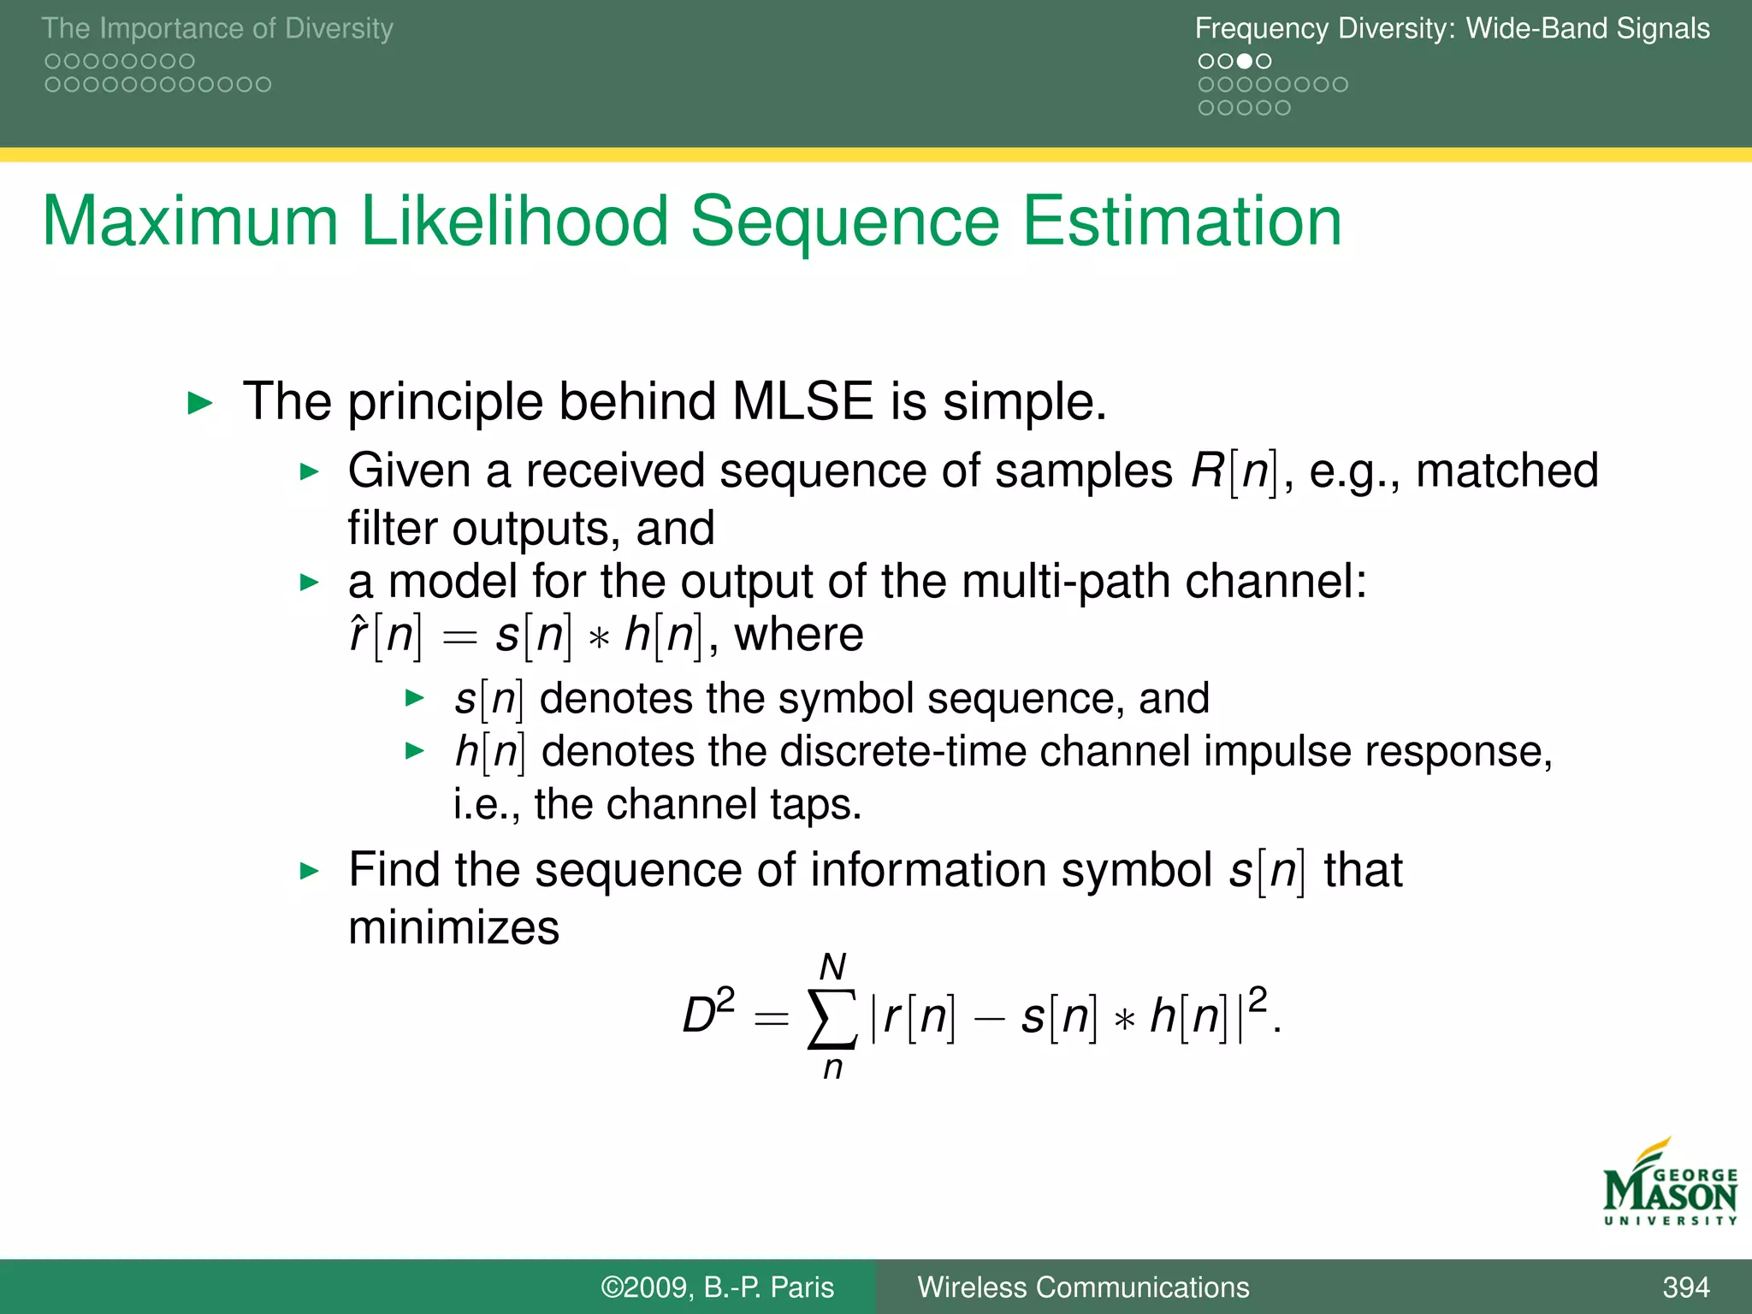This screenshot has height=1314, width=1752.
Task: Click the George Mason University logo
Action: [1668, 1185]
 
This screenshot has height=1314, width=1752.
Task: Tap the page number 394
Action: [1685, 1287]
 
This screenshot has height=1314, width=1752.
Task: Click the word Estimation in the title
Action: [1182, 222]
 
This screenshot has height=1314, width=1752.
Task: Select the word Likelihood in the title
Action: [513, 222]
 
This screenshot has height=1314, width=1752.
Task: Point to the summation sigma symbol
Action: [832, 1018]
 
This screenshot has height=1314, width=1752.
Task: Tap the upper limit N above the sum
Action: [832, 968]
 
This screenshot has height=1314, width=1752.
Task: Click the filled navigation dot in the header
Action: [1245, 62]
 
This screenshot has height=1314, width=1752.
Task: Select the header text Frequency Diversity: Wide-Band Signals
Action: [1452, 28]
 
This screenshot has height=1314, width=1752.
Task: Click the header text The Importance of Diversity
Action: [217, 28]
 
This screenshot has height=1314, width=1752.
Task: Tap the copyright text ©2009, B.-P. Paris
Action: [717, 1287]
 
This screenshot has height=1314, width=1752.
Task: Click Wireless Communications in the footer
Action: [1083, 1287]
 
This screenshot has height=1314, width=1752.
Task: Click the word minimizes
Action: [453, 927]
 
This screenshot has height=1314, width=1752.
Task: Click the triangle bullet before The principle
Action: [200, 403]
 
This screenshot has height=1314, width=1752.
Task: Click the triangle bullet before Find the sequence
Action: [310, 872]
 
